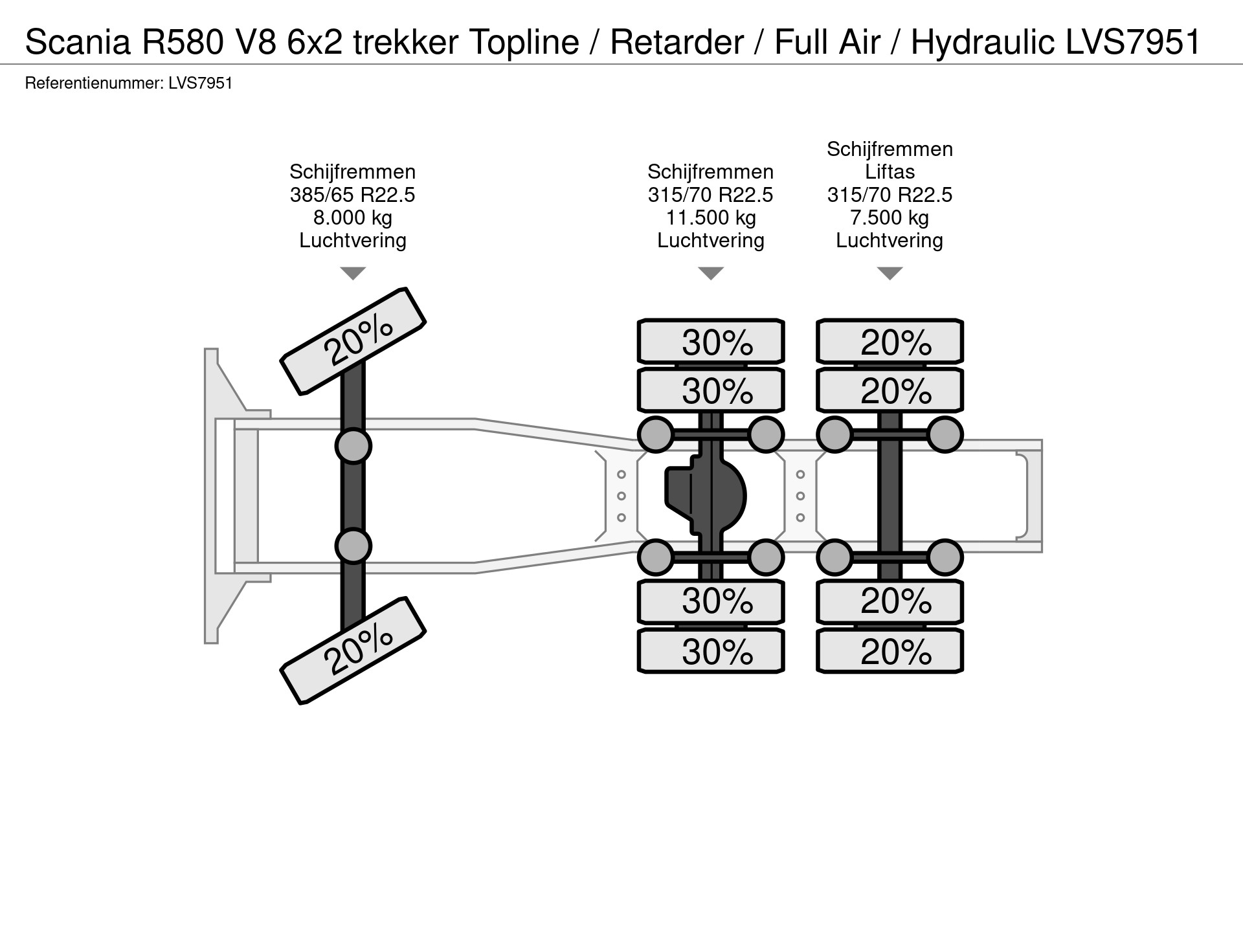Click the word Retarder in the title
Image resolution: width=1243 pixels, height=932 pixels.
click(x=677, y=43)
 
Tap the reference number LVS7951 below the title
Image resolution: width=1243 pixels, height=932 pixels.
click(x=200, y=83)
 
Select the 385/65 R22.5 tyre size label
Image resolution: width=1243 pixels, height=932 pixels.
click(x=352, y=195)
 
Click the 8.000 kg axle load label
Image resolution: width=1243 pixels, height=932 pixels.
click(x=352, y=217)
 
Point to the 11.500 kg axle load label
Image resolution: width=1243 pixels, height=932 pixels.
click(x=711, y=217)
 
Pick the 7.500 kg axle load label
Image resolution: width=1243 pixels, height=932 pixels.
click(x=890, y=217)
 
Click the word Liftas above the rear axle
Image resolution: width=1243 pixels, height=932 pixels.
click(x=890, y=172)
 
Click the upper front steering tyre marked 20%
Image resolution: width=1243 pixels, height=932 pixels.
click(x=353, y=341)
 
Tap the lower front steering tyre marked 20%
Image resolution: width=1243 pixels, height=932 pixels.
click(x=353, y=650)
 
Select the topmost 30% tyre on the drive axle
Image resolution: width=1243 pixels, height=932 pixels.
click(x=711, y=342)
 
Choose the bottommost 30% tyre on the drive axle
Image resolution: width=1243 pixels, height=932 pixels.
click(x=711, y=651)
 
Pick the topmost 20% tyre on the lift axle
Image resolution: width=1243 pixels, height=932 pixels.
click(x=890, y=342)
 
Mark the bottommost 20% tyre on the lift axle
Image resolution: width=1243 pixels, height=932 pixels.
click(x=890, y=651)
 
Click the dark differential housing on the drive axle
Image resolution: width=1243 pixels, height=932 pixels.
click(x=706, y=496)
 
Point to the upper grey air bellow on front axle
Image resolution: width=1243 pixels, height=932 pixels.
click(x=353, y=446)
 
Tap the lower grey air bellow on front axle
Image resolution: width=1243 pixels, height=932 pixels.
click(x=353, y=546)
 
